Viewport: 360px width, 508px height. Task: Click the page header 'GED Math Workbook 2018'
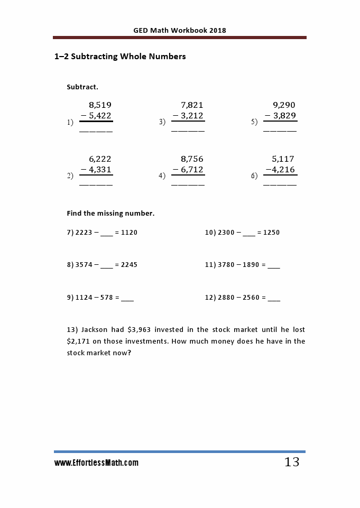tap(180, 30)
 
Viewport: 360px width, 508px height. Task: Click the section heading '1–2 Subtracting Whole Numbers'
tap(120, 57)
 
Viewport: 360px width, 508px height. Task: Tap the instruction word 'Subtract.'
tap(82, 87)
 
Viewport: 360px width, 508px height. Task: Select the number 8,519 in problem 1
tap(100, 105)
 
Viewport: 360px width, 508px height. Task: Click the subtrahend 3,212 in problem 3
tap(192, 116)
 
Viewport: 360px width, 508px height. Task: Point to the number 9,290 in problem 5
tap(284, 105)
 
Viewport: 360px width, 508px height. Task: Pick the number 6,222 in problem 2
tap(100, 159)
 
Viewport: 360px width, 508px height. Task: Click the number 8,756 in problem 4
tap(192, 159)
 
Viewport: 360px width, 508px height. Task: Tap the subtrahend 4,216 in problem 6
tap(284, 170)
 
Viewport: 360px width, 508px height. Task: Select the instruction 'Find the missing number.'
tap(110, 214)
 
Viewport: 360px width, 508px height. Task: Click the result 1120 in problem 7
tap(129, 233)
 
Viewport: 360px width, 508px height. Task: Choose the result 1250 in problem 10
tap(271, 233)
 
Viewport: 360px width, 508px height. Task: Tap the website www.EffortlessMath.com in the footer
tap(96, 463)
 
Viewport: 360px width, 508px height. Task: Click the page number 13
tap(292, 462)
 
